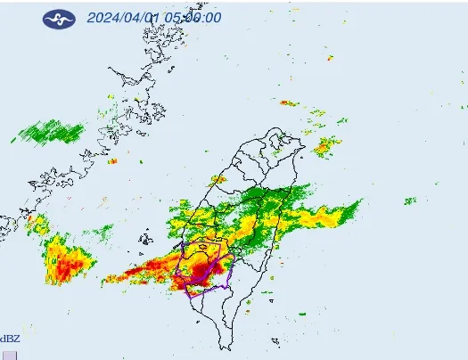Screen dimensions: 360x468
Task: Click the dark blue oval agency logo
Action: (x=59, y=18)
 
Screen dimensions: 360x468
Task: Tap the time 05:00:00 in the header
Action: (x=197, y=18)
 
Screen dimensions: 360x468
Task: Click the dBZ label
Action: (x=10, y=339)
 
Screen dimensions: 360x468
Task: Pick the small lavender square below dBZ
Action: (x=9, y=354)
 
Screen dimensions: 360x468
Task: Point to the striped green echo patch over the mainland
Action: (x=52, y=133)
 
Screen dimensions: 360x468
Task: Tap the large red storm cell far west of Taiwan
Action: (x=70, y=261)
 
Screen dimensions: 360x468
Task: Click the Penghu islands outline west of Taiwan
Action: (x=145, y=238)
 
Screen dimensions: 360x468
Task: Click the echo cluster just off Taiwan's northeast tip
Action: (x=324, y=145)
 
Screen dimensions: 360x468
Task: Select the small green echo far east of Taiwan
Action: (x=410, y=200)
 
